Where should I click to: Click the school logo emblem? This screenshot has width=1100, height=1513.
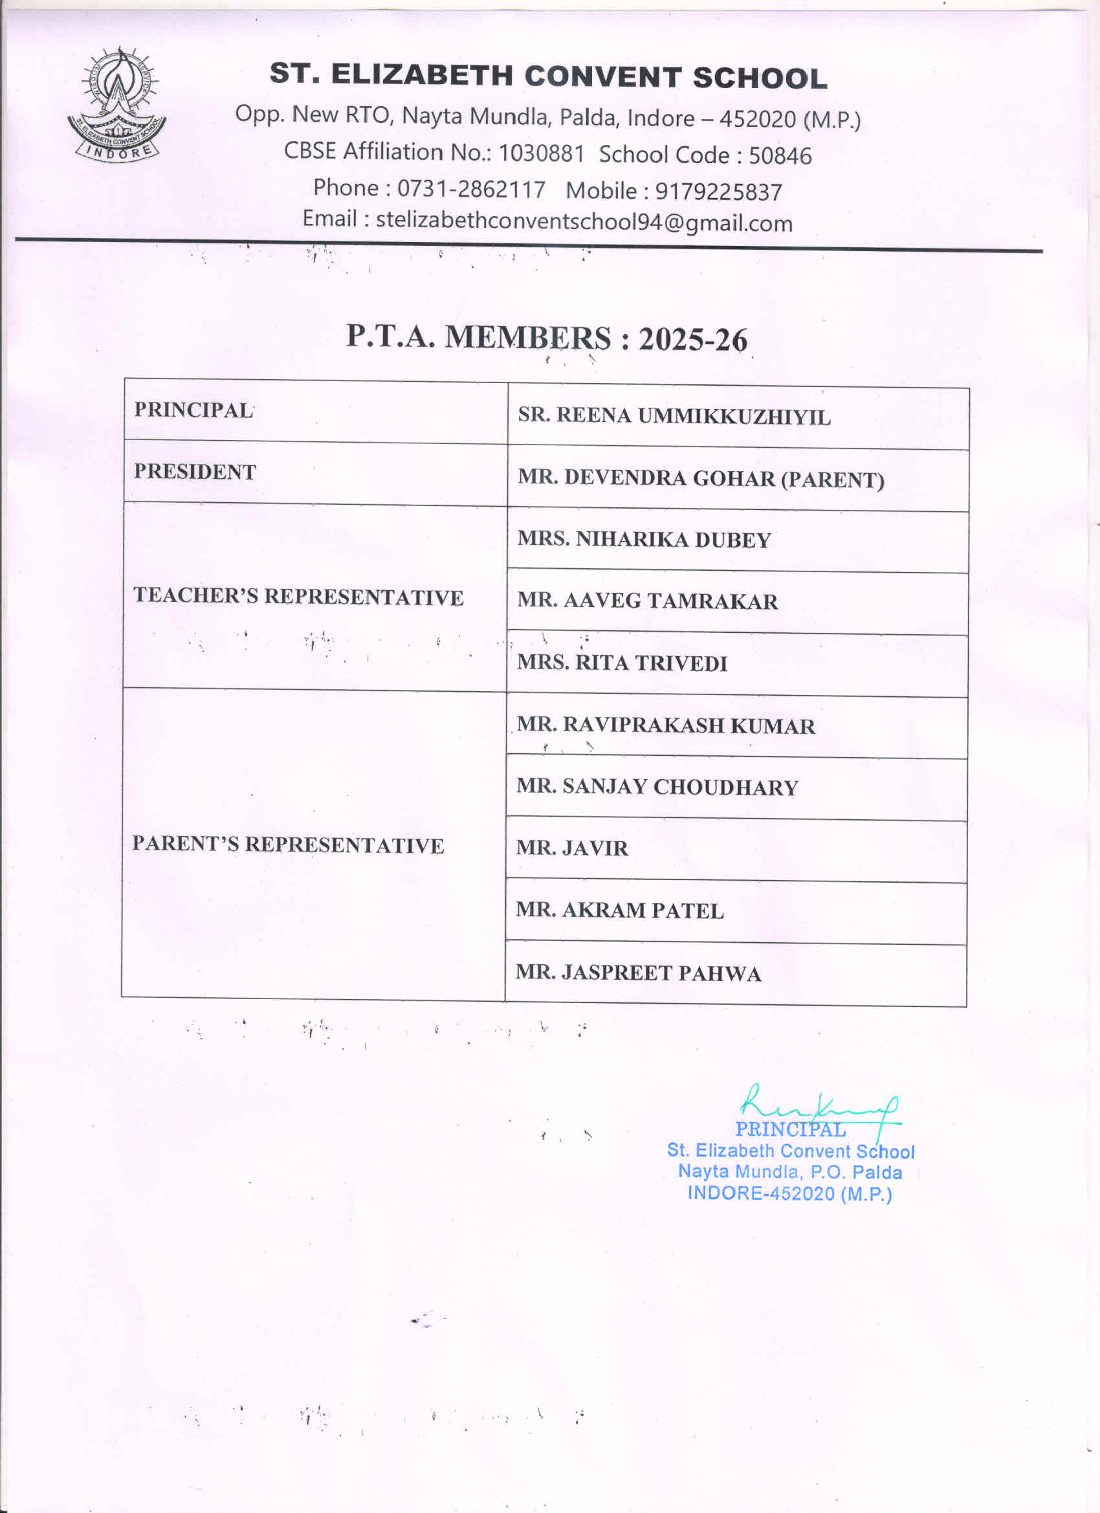point(116,105)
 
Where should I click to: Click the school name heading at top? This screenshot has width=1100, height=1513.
point(548,76)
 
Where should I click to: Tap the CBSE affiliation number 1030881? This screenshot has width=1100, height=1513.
point(541,153)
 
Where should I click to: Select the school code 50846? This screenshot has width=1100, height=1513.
point(780,156)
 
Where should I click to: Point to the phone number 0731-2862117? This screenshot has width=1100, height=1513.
point(471,190)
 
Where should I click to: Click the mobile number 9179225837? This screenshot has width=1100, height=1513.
point(718,192)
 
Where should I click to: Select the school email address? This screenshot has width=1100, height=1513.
point(584,221)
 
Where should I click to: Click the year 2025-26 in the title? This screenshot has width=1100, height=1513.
point(693,339)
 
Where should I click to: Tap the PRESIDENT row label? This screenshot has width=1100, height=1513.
point(195,472)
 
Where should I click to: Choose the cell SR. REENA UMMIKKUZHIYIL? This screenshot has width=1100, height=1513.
point(674,416)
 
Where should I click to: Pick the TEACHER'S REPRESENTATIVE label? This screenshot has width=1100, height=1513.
point(298,596)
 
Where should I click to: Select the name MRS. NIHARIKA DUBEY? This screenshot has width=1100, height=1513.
point(644,539)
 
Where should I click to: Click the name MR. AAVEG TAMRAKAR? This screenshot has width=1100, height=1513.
point(647,601)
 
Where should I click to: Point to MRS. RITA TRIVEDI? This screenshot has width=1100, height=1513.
point(622,663)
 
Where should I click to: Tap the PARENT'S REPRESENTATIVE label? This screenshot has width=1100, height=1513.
point(287,844)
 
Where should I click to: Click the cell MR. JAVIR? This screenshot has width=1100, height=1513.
point(572,848)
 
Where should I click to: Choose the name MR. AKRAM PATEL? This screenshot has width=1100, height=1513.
point(620,911)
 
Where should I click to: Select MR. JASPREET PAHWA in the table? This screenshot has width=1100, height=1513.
point(638,973)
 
